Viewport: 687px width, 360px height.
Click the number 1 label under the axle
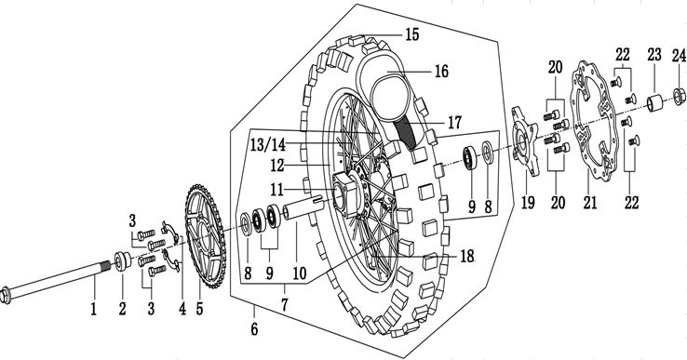pos(93,310)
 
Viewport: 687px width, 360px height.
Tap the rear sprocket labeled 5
pos(206,236)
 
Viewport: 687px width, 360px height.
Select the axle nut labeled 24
pos(679,96)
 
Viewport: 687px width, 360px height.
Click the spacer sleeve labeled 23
pos(655,103)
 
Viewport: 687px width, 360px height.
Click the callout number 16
pos(441,71)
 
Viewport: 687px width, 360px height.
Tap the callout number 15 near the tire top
pos(411,34)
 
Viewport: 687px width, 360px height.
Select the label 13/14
pos(268,143)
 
